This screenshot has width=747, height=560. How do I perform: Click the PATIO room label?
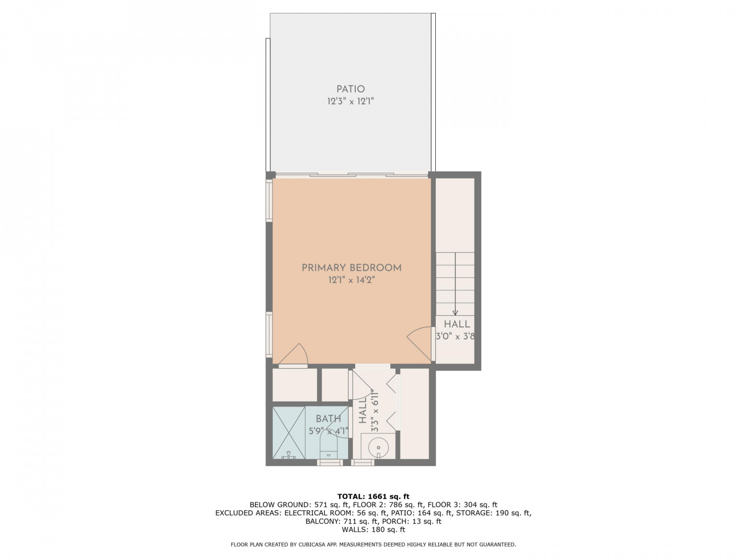pos(351,89)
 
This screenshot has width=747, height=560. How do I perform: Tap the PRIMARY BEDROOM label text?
pos(352,268)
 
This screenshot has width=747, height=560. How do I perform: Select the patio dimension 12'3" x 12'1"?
pos(351,101)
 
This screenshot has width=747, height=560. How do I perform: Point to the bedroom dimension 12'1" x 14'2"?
pos(352,280)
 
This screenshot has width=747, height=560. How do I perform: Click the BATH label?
pos(328,418)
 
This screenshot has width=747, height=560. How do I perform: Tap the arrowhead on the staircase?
pos(455,313)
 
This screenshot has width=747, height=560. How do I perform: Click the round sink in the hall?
pos(378,449)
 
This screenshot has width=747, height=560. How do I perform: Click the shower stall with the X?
pos(288,432)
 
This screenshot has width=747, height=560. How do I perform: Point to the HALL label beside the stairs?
pos(457,324)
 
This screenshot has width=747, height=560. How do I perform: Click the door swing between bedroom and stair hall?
pos(420,343)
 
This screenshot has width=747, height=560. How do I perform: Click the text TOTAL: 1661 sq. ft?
pos(374,497)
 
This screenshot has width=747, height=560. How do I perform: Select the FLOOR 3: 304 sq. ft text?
pos(463,505)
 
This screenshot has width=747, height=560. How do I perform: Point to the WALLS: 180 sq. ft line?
pos(374,529)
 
